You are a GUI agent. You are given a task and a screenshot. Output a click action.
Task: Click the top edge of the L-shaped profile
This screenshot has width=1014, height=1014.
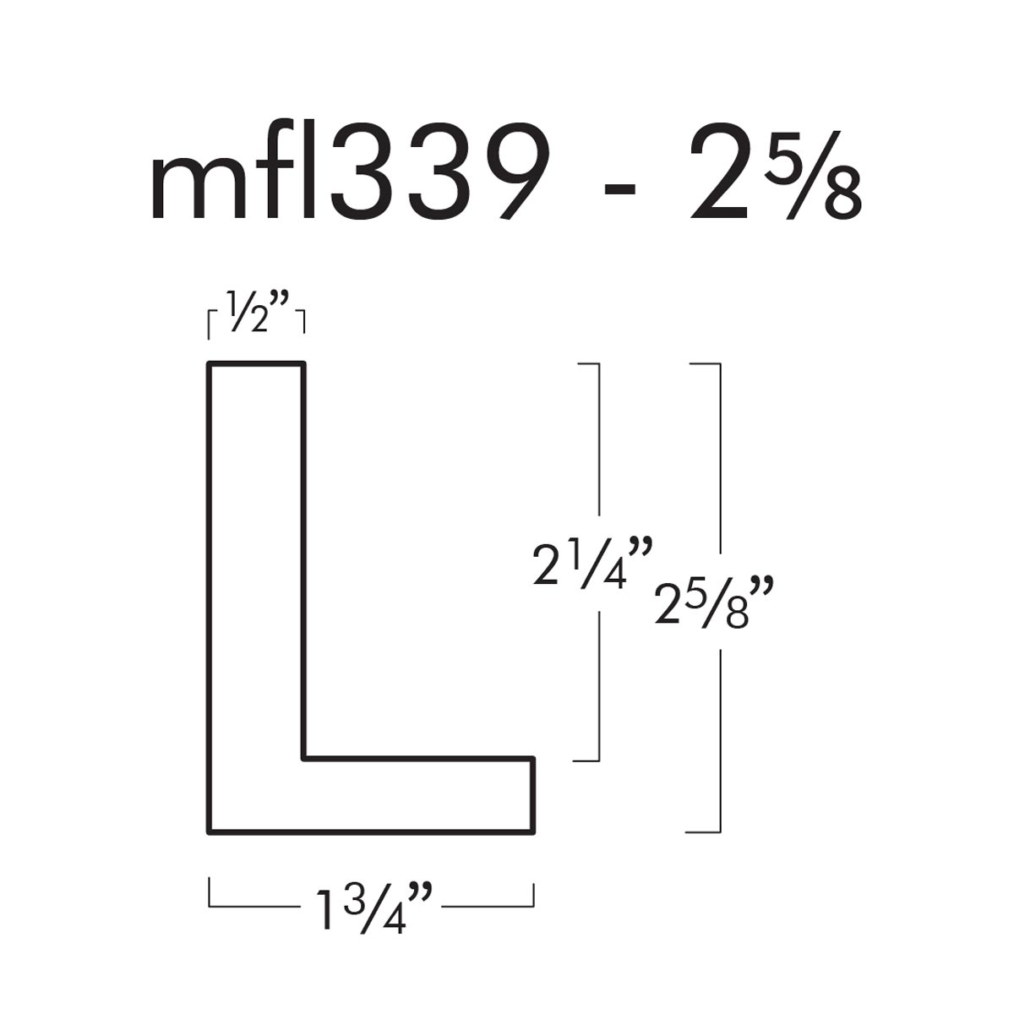click(x=256, y=364)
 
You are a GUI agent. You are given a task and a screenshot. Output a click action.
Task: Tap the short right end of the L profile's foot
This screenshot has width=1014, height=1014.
click(x=533, y=795)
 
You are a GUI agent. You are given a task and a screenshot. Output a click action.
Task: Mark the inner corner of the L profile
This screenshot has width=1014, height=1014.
click(x=303, y=758)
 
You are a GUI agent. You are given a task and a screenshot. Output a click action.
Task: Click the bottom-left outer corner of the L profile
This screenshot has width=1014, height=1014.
click(x=210, y=832)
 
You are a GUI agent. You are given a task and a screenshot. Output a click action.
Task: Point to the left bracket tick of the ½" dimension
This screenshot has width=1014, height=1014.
click(x=210, y=324)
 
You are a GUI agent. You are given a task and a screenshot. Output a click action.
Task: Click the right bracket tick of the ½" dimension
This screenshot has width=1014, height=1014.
click(x=303, y=324)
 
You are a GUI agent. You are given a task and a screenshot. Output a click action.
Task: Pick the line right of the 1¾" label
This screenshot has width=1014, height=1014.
click(x=488, y=906)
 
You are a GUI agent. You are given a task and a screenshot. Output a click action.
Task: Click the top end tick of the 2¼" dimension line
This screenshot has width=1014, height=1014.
click(x=586, y=364)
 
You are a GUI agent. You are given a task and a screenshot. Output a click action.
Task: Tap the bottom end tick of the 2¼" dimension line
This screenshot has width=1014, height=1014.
click(x=586, y=760)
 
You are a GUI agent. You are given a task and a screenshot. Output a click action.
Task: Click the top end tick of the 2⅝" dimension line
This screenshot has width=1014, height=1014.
click(x=705, y=364)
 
